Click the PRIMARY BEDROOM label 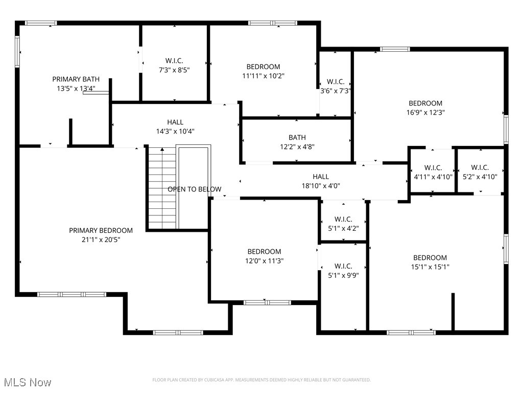tap(101, 231)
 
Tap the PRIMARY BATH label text tap(76, 79)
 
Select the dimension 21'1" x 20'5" tap(101, 239)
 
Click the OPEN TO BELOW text tap(195, 189)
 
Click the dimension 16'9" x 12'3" tap(425, 113)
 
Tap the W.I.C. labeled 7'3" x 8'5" tap(174, 65)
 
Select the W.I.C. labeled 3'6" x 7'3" tap(336, 86)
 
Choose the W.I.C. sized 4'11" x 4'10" tap(433, 172)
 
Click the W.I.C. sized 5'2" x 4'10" tap(480, 172)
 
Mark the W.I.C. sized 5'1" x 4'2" tap(343, 224)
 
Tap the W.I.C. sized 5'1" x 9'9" tap(343, 271)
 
